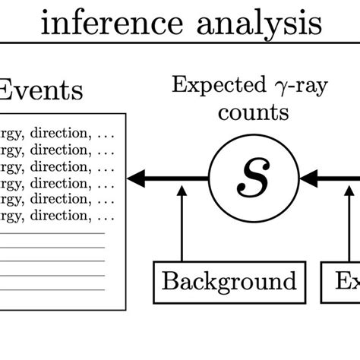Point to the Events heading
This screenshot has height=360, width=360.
(x=41, y=90)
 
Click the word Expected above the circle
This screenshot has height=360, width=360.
(x=216, y=84)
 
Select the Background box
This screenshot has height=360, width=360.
(x=229, y=281)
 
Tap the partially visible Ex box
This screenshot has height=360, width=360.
(x=346, y=281)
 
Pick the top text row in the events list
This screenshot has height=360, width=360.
(x=57, y=134)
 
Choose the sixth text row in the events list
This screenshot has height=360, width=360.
(x=57, y=216)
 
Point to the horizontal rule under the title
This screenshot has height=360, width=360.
(x=180, y=43)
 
